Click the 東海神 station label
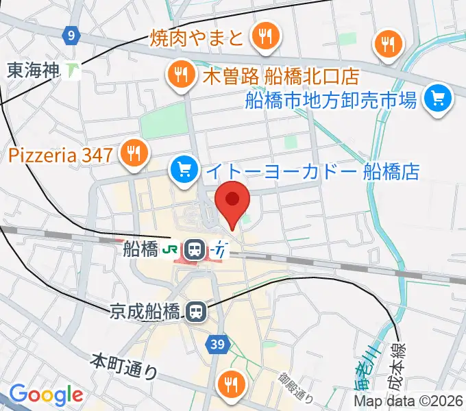pyautogui.click(x=32, y=69)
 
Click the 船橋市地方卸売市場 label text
pyautogui.click(x=331, y=101)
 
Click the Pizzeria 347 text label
pyautogui.click(x=60, y=155)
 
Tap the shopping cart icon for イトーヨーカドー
pyautogui.click(x=183, y=170)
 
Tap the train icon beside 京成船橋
pyautogui.click(x=196, y=313)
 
